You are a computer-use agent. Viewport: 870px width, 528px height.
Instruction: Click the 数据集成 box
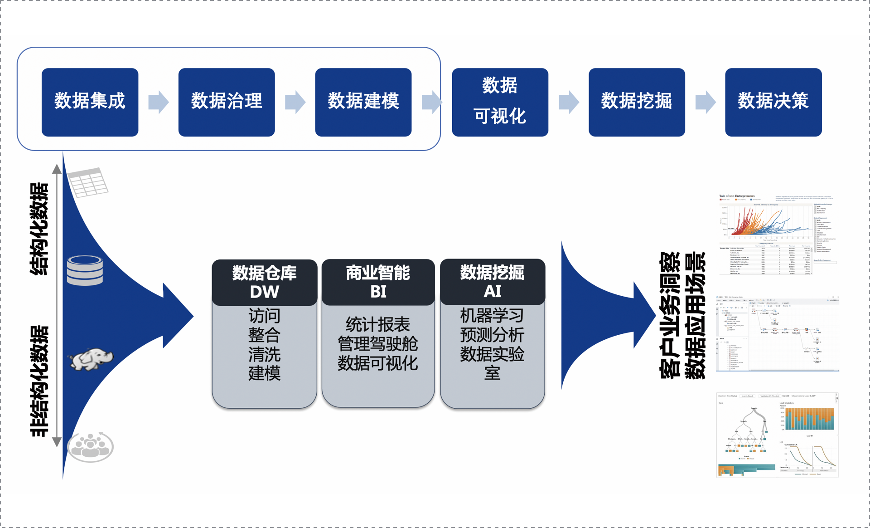coord(90,102)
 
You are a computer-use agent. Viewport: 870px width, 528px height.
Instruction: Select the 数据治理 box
coord(227,102)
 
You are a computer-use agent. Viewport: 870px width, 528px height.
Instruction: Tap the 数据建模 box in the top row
coord(363,102)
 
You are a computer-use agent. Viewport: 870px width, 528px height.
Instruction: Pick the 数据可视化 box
coord(500,102)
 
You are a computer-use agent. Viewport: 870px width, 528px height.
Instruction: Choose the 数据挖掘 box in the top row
coord(637,102)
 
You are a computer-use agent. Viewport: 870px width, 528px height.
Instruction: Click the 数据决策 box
coord(773,102)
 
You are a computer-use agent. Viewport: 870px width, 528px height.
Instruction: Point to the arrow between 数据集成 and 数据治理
coord(158,102)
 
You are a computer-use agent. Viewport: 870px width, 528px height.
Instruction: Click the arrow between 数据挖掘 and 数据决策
coord(705,102)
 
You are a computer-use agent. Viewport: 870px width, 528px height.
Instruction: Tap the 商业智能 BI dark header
coord(378,282)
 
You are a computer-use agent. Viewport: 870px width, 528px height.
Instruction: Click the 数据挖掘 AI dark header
coord(492,282)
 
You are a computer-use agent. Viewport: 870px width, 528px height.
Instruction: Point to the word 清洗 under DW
coord(265,354)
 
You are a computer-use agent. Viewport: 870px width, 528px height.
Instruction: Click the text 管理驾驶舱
coord(378,344)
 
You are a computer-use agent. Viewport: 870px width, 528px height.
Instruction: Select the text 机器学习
coord(492,315)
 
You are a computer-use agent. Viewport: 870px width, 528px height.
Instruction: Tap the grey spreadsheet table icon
coord(88,182)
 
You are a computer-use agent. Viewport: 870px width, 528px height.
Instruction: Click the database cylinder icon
coord(85,270)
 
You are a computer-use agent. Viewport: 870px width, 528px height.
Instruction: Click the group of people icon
coord(91,447)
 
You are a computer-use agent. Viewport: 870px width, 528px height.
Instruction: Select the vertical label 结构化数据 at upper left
coord(39,229)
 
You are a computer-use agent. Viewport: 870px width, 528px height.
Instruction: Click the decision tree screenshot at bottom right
coord(777,435)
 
